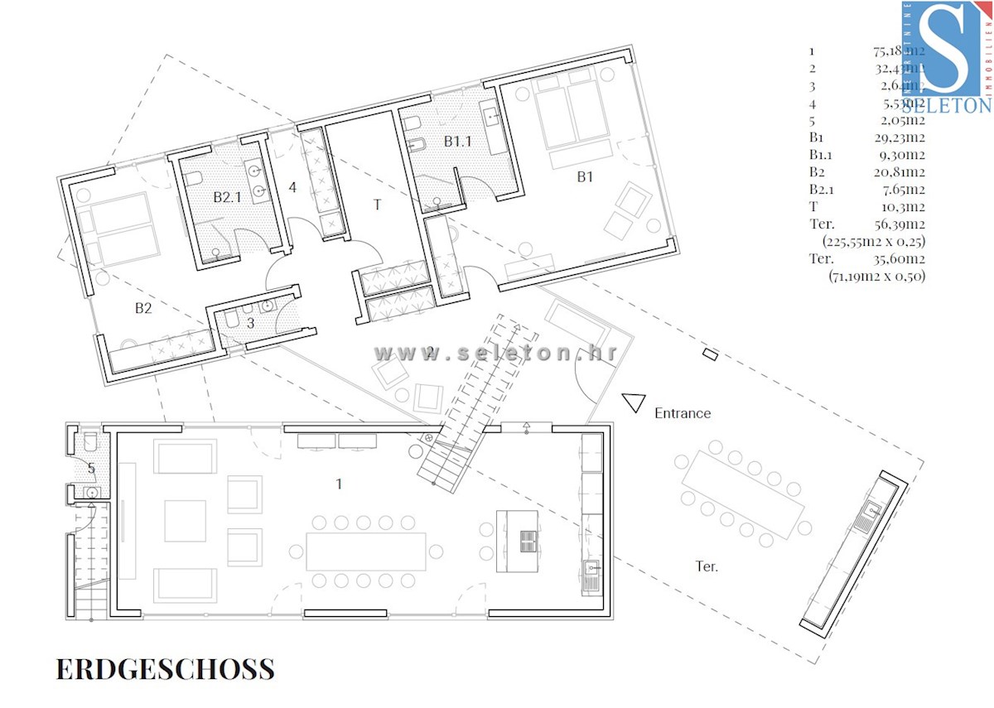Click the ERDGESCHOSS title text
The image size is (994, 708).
click(x=165, y=668)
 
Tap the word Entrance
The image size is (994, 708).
click(x=683, y=412)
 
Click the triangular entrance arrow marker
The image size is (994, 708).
click(x=635, y=402)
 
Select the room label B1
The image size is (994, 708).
click(x=586, y=176)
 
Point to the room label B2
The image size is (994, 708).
click(x=144, y=308)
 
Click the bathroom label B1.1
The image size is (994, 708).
click(x=457, y=142)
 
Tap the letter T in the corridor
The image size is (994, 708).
click(x=377, y=205)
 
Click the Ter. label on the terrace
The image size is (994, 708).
click(x=707, y=566)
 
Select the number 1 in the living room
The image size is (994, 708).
click(x=339, y=484)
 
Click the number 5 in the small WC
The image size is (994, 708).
click(x=91, y=469)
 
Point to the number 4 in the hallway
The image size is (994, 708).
click(x=292, y=187)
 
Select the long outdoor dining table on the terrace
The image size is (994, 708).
click(x=743, y=494)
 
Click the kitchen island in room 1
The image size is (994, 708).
click(x=517, y=541)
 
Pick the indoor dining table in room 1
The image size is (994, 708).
click(x=365, y=551)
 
